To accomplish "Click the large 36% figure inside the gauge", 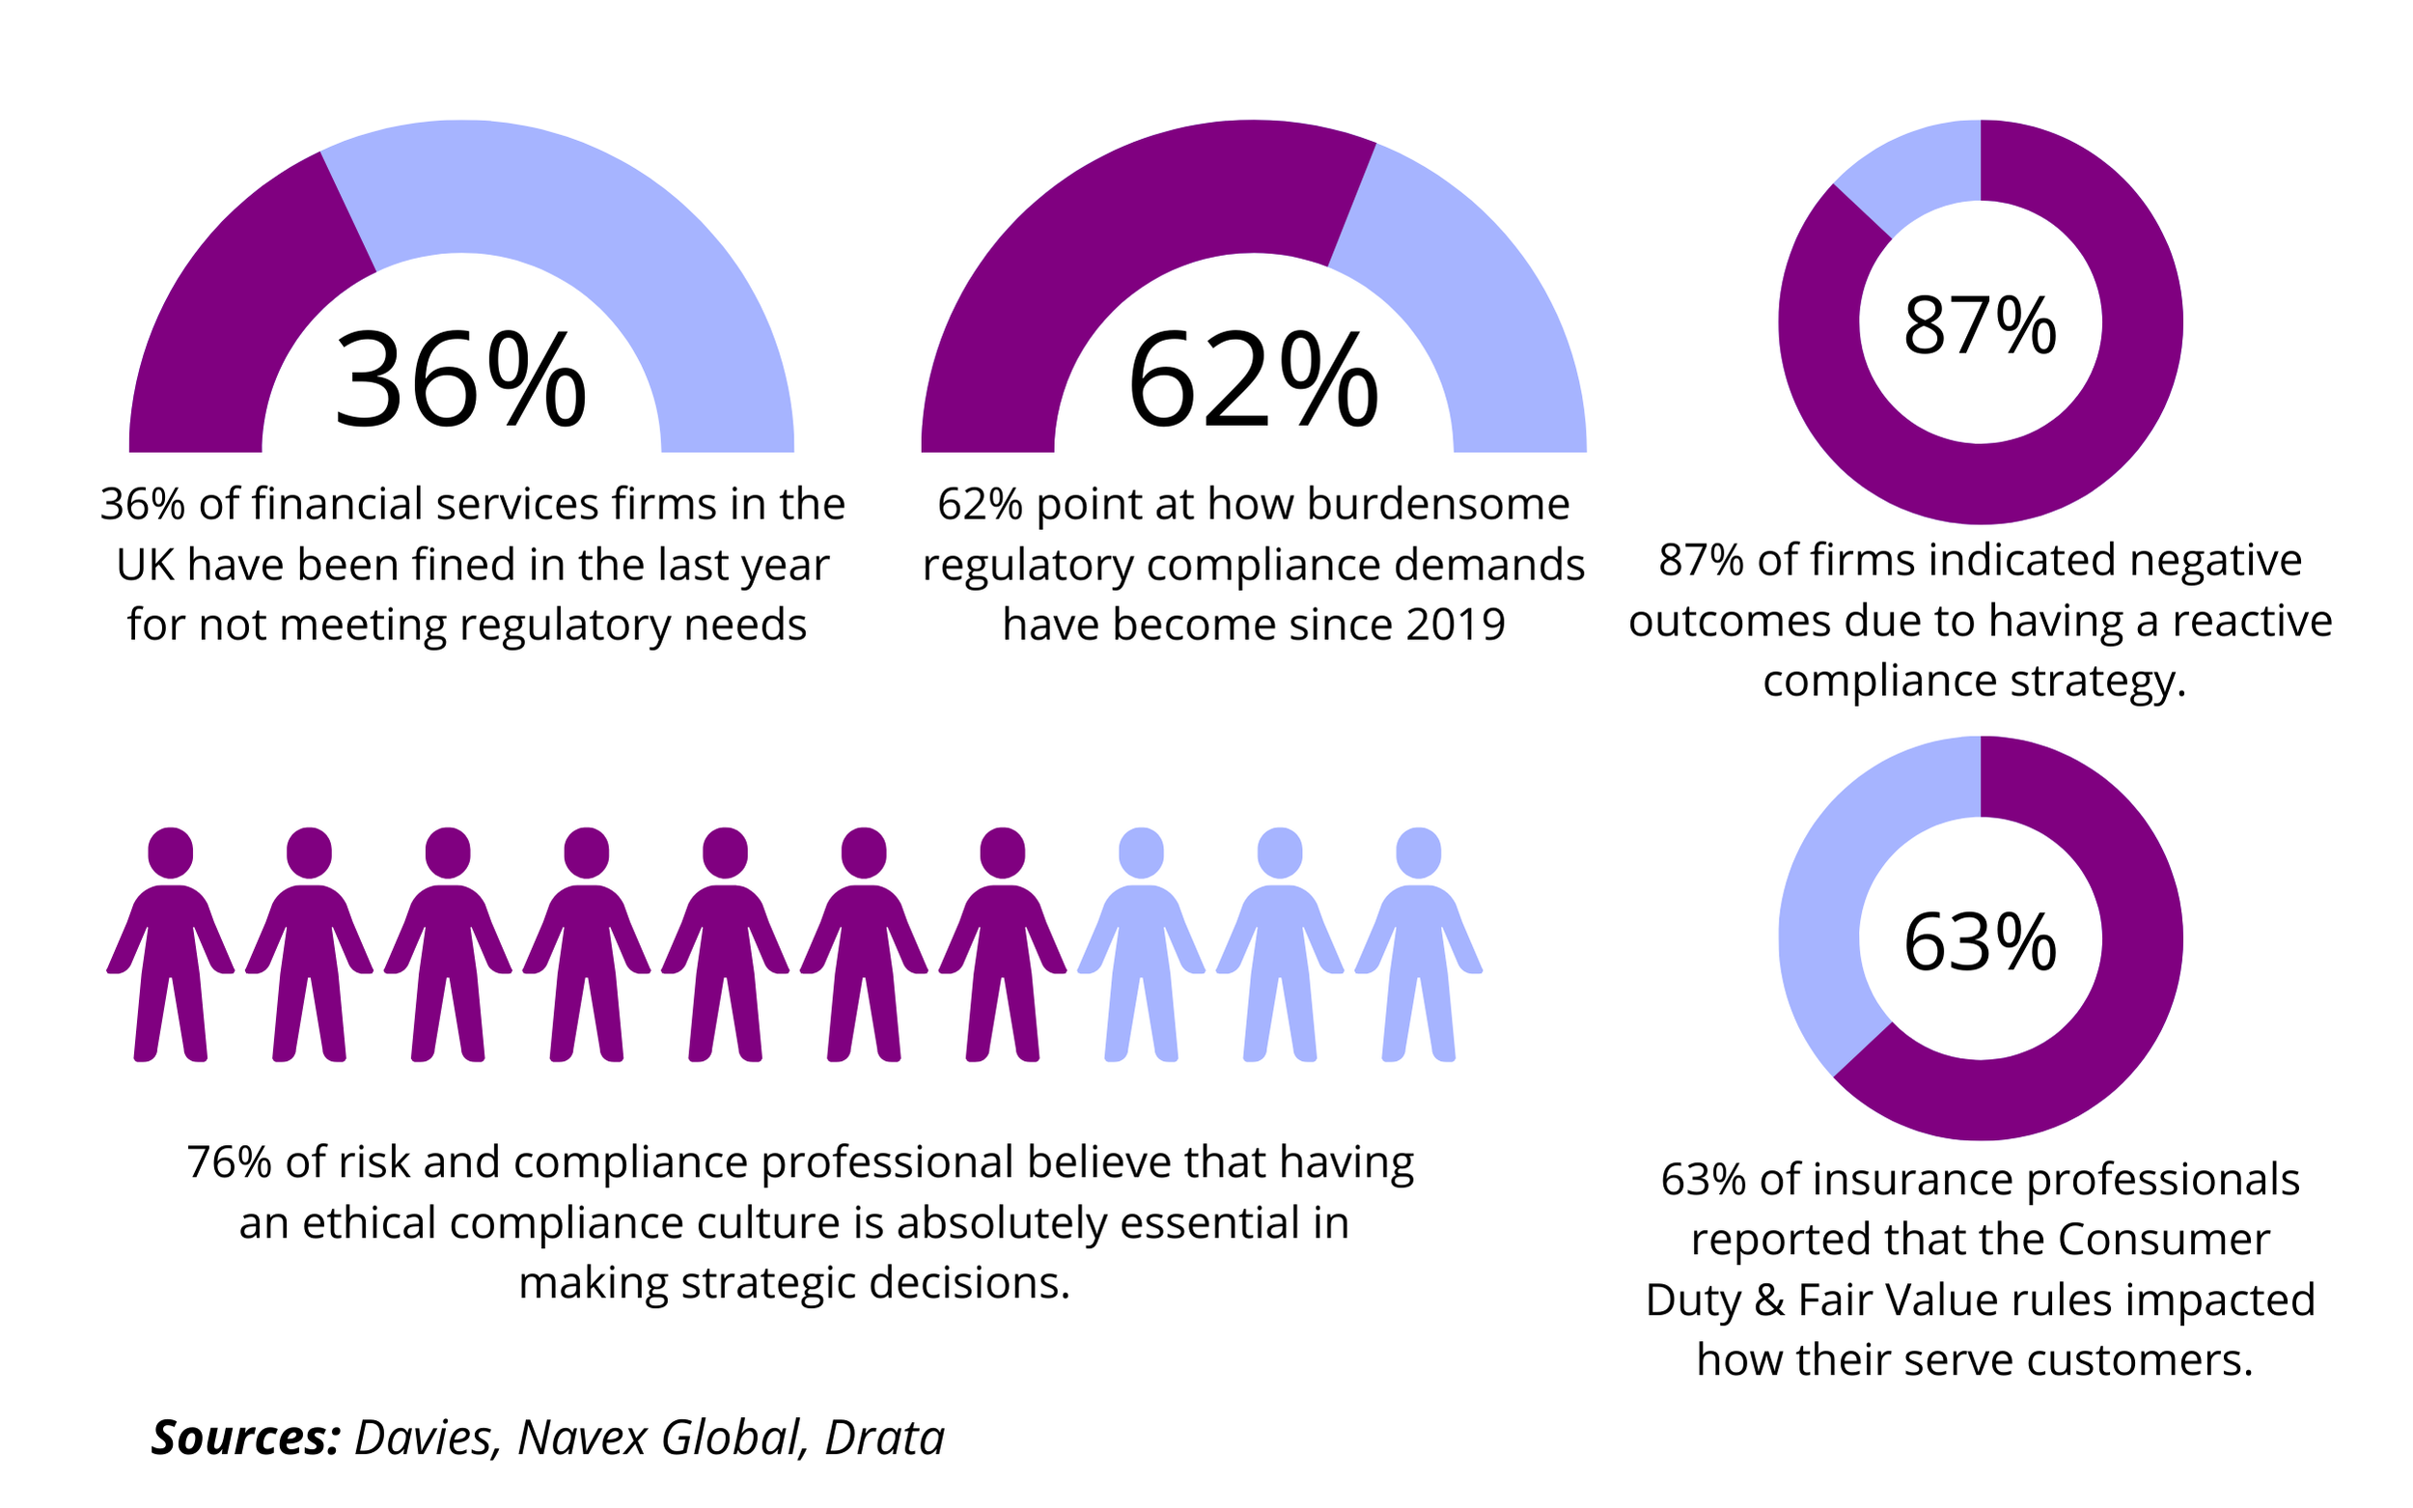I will (459, 381).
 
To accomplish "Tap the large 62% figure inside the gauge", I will (1253, 381).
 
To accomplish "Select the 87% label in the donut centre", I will (1980, 325).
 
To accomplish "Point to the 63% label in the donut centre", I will (1980, 941).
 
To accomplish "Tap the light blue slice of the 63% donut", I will (1824, 928).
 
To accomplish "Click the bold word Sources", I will (245, 1438).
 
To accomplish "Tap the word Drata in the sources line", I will (883, 1438).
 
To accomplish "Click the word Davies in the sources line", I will (423, 1438).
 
